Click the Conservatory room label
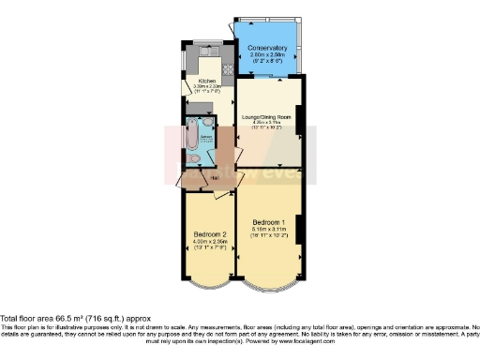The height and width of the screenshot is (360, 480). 267,47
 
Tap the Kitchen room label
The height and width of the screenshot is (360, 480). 206,82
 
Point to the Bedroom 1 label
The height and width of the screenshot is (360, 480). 269,219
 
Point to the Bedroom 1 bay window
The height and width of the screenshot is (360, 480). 270,284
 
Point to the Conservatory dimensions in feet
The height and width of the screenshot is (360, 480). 267,62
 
